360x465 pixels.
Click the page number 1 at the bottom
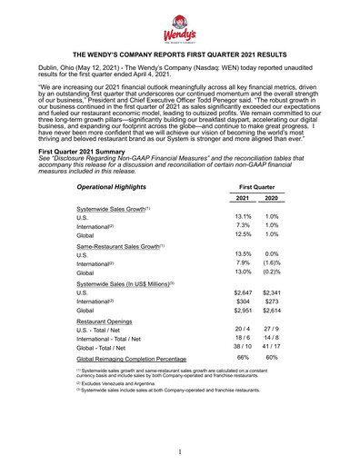pos(180,451)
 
